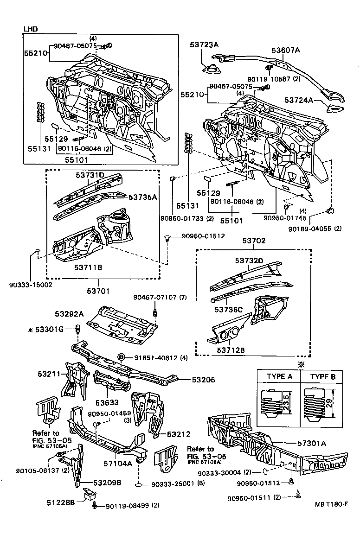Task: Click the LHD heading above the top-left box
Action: [x=31, y=29]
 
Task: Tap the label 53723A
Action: [x=204, y=44]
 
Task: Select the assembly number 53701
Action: [x=98, y=291]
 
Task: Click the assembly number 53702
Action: [x=254, y=241]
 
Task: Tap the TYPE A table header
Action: [x=279, y=376]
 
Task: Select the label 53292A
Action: [x=69, y=314]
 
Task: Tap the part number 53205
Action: [x=204, y=379]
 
